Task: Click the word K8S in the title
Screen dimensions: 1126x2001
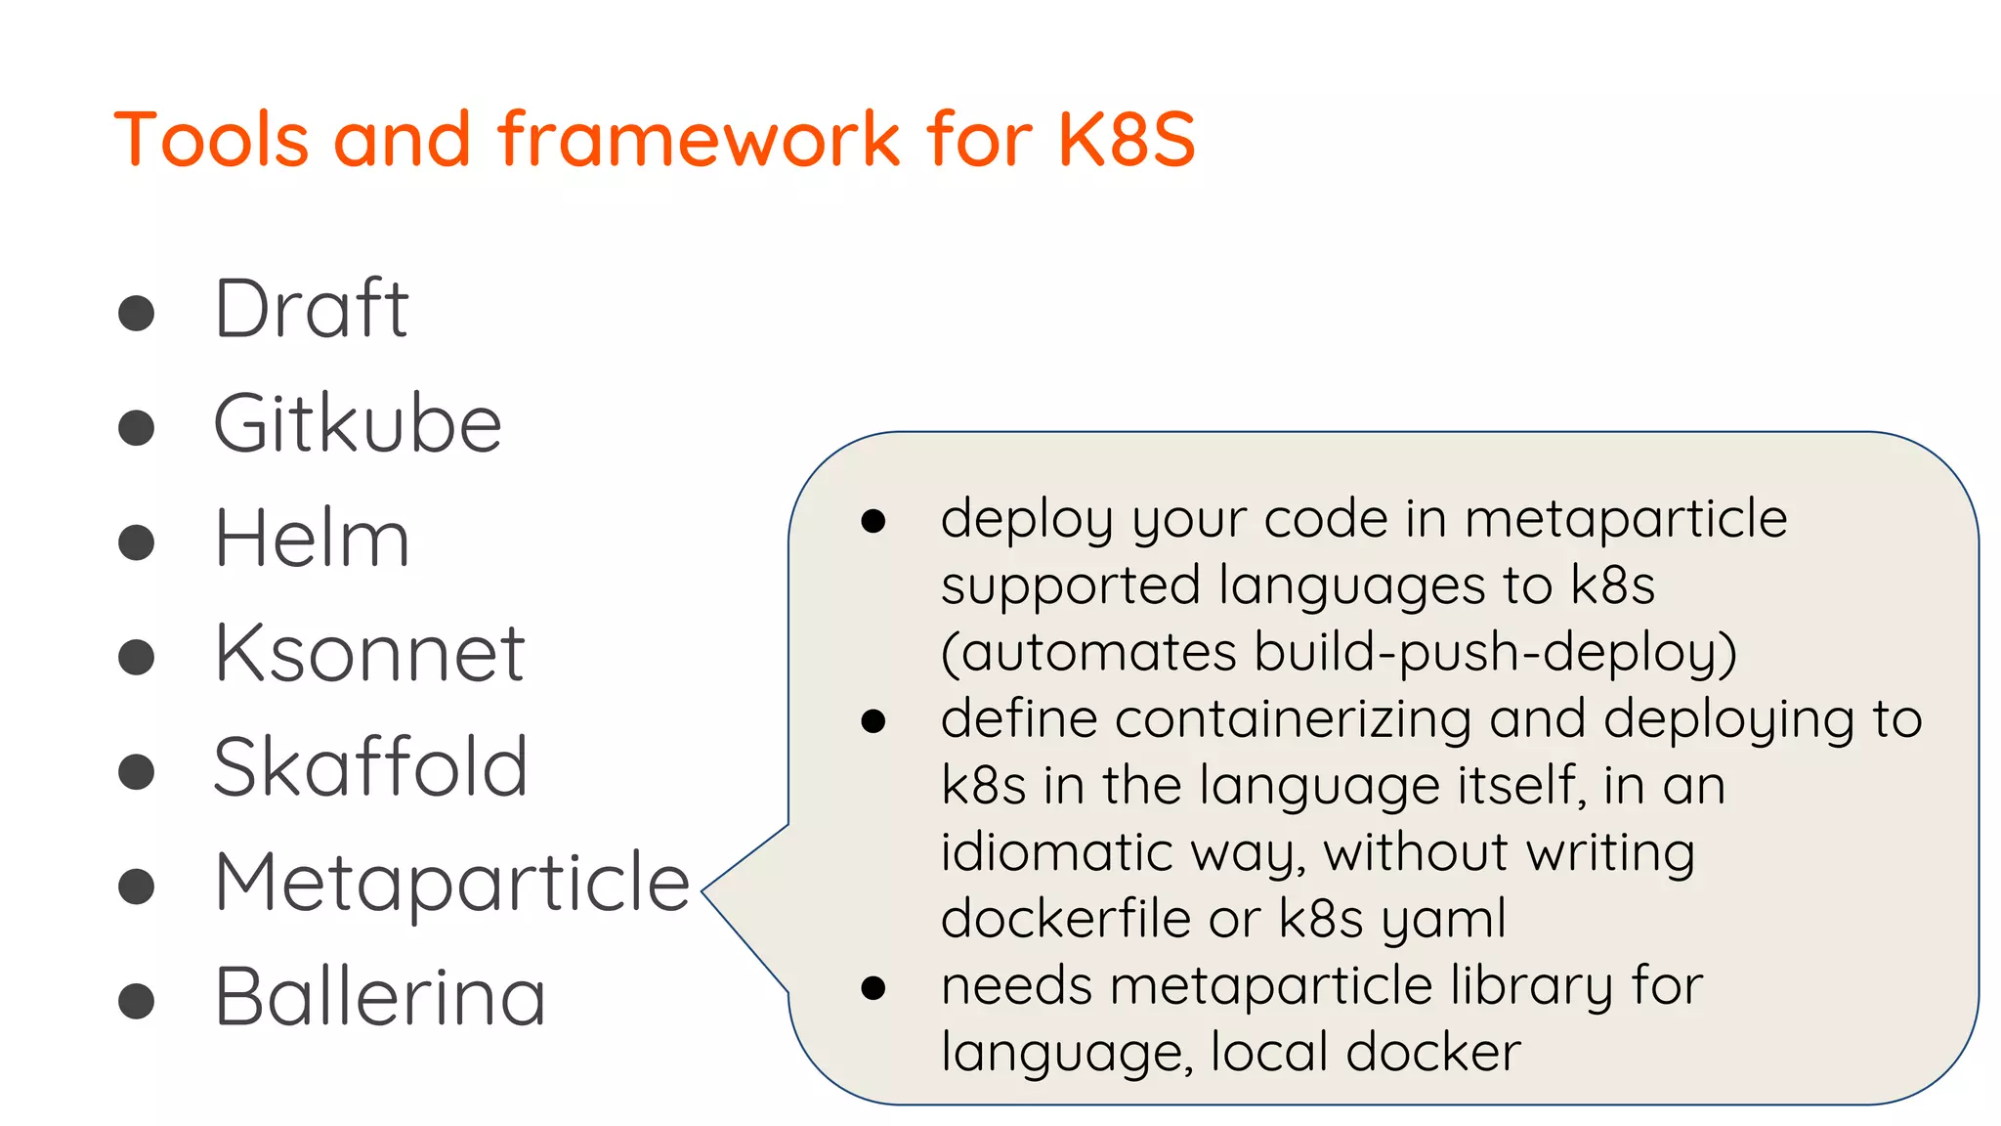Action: pos(1127,139)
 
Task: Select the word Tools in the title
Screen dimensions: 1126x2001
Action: pos(211,139)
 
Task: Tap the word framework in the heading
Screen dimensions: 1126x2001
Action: pos(700,139)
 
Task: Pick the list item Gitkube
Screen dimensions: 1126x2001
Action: pos(358,424)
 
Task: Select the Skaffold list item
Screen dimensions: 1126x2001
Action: pos(370,767)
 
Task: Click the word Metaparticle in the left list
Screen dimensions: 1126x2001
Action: pos(452,883)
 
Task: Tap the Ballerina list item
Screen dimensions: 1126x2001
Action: pos(379,997)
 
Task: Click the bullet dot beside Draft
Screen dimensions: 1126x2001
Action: pos(137,314)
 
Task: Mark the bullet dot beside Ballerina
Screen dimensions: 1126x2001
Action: pos(137,1001)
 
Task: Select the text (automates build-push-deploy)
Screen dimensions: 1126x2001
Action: pos(1339,652)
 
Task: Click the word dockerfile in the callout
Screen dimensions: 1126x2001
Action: pos(1066,919)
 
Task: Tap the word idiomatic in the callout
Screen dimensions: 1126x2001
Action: pos(1055,852)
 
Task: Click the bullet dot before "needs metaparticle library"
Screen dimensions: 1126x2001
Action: pos(873,988)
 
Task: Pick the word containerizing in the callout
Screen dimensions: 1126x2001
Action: pos(1293,718)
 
